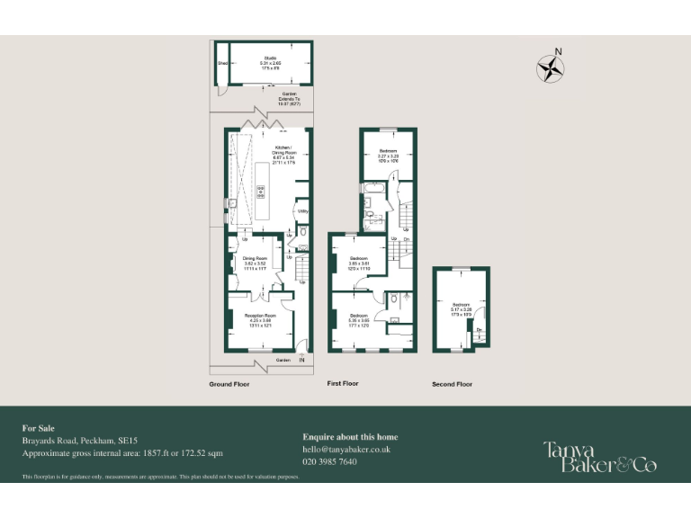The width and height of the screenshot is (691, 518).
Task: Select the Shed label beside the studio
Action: point(222,63)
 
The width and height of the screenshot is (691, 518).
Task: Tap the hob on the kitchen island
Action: point(262,191)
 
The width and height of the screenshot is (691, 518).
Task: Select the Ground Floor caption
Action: point(229,384)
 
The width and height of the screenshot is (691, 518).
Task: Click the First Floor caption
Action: point(342,384)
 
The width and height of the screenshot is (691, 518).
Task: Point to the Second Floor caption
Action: point(452,384)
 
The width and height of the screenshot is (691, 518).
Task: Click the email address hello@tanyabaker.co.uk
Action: point(346,449)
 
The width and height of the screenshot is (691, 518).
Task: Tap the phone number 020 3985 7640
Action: point(329,461)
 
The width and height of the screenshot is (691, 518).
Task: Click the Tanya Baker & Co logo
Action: point(599,456)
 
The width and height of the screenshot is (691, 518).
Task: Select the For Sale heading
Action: point(38,428)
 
